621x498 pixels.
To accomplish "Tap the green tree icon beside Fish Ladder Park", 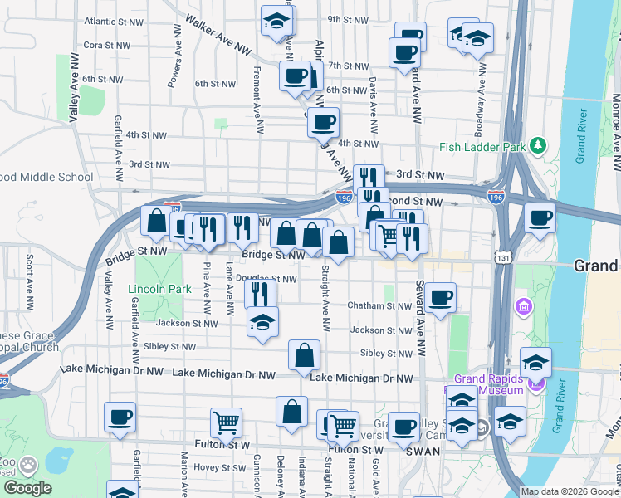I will click(x=538, y=146).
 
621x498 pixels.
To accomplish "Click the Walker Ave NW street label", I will click(x=219, y=34).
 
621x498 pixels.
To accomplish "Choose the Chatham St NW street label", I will click(x=379, y=306).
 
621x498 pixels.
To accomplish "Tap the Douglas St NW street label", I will click(x=266, y=279).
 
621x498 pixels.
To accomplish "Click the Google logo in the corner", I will click(x=27, y=488).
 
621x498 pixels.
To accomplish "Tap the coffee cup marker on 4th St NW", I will click(x=323, y=123).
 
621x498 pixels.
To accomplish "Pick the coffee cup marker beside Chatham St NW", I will click(x=442, y=296).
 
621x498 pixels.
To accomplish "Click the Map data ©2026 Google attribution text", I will click(x=569, y=491).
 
